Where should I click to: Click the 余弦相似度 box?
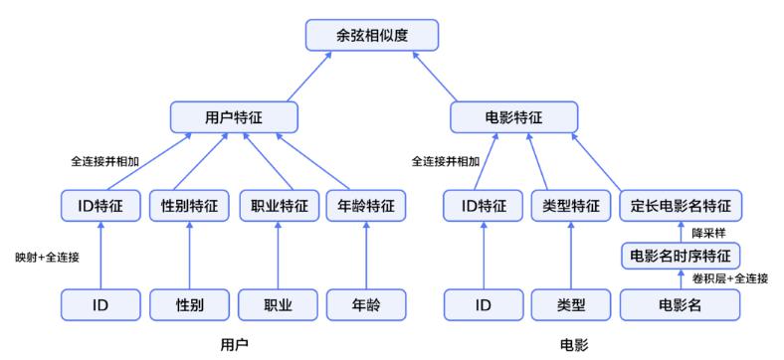point(372,35)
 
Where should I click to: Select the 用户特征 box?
point(234,117)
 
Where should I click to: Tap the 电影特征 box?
point(514,117)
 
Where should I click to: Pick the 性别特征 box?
point(189,206)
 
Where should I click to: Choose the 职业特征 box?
point(279,206)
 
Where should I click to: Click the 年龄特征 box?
point(367,206)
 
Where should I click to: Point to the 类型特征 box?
point(571,206)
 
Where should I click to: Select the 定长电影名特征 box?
point(680,206)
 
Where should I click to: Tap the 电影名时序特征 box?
point(680,256)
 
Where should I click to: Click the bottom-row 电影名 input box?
point(680,304)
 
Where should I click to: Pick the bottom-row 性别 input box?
point(189,304)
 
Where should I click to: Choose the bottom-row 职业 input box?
point(279,304)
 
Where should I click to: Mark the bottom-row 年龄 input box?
point(367,304)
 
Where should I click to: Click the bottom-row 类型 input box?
point(571,304)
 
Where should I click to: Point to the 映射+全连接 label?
point(48,258)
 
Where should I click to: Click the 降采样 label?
point(705,233)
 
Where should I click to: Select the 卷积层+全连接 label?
point(730,278)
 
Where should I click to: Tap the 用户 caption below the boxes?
point(234,345)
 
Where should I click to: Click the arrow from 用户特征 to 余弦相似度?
point(309,77)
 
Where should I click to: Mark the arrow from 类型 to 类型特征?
point(571,256)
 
